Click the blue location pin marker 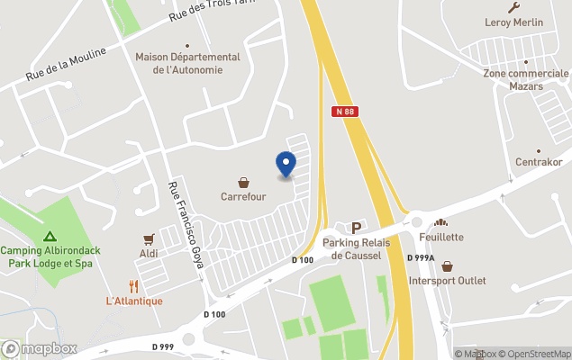[286, 163]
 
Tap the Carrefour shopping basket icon [243, 182]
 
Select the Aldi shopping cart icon [150, 239]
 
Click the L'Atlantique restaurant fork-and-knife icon [134, 286]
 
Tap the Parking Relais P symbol [356, 229]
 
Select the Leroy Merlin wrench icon [514, 7]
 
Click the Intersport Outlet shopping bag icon [447, 266]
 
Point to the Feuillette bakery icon [441, 222]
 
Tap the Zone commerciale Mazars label [526, 79]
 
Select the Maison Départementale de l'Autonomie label [188, 63]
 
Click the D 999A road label [421, 258]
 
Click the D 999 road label [163, 346]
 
